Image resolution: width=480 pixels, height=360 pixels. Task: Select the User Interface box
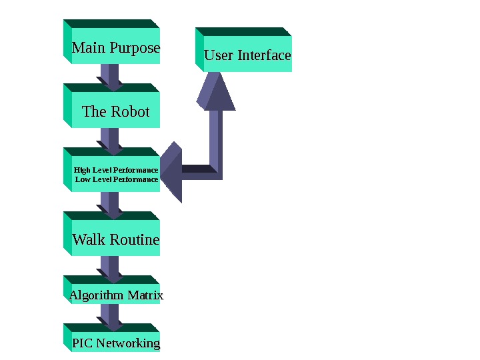coord(247,55)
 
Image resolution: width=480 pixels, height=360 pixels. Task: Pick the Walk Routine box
coord(115,239)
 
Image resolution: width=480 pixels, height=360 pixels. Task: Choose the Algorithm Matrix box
coord(115,294)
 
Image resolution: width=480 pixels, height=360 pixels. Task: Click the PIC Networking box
coord(115,343)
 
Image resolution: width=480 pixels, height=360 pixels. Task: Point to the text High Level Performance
coord(116,170)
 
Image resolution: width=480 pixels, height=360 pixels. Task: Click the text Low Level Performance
coord(117,179)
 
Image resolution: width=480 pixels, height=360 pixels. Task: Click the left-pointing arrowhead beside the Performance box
coord(171,171)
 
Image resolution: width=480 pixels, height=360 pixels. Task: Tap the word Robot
coord(129,111)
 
